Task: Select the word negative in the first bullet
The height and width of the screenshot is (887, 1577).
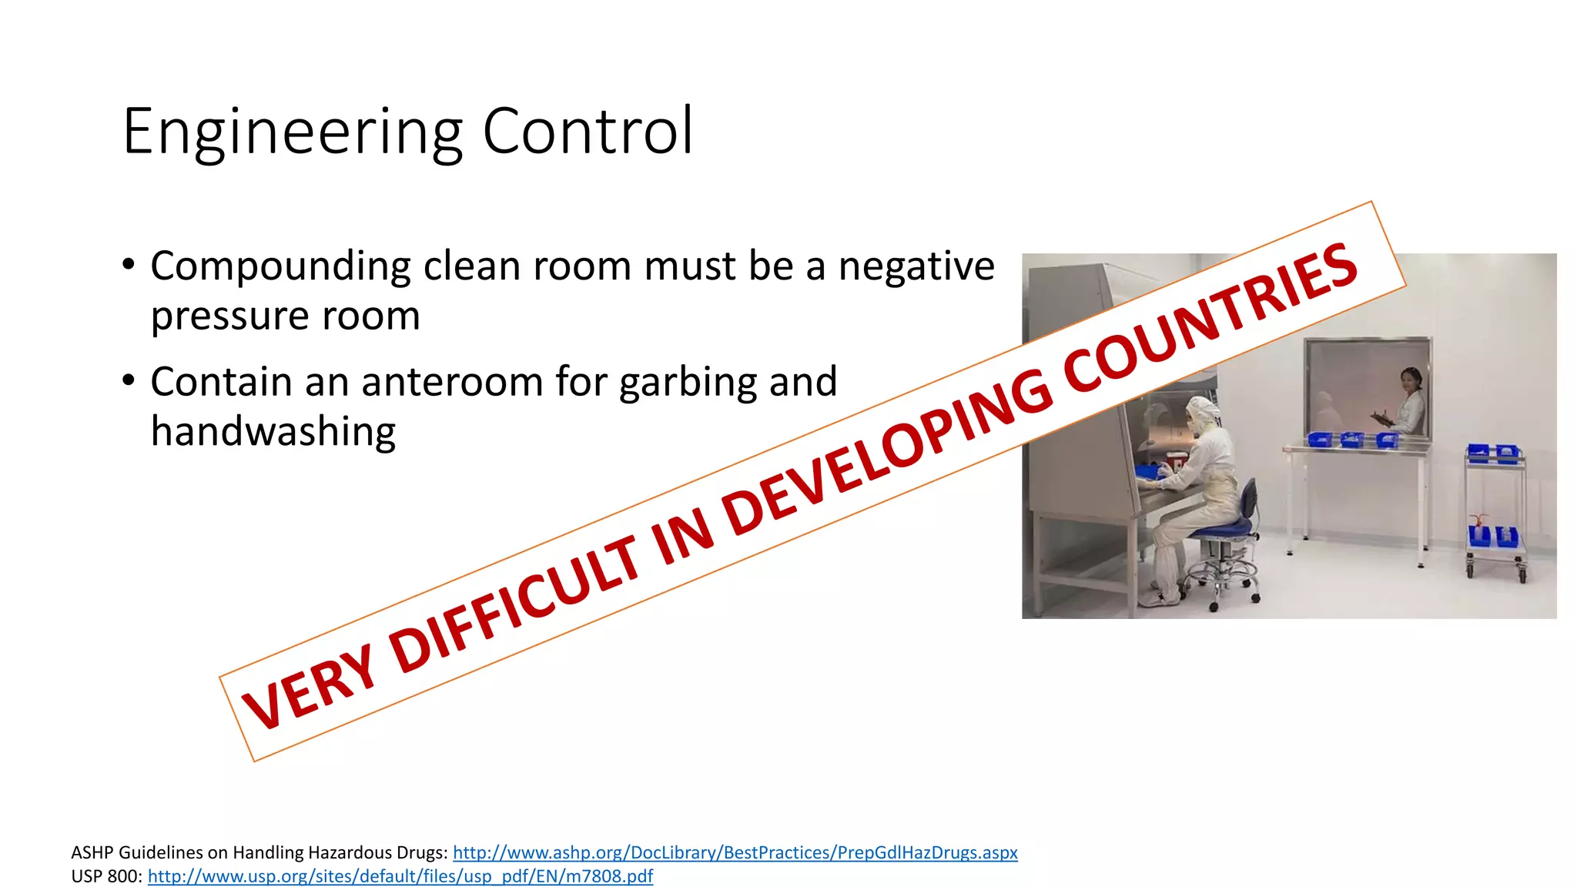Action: point(916,266)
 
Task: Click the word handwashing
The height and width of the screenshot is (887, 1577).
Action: point(273,431)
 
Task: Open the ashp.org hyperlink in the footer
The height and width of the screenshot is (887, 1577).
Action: point(735,852)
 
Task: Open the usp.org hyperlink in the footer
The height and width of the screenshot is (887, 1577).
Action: point(400,876)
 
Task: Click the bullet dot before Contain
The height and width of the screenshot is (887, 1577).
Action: point(129,380)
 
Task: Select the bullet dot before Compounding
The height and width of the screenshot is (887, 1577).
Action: point(129,265)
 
